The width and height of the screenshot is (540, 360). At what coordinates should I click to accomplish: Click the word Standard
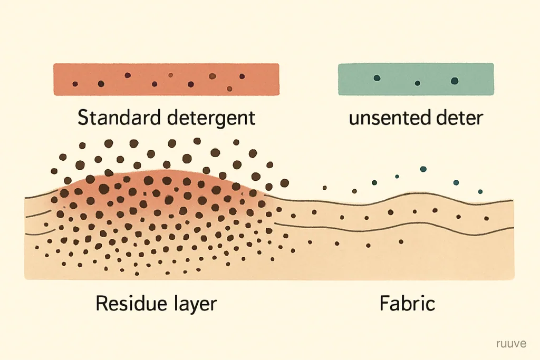click(x=119, y=118)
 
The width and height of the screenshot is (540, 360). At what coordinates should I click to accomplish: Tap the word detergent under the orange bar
click(x=211, y=119)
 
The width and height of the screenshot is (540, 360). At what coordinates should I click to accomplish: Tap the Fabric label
click(x=408, y=303)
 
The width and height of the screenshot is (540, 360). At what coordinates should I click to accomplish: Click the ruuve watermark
click(x=512, y=344)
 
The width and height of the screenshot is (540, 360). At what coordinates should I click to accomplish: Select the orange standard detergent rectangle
click(x=166, y=79)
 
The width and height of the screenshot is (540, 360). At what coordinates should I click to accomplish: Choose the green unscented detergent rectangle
click(x=416, y=79)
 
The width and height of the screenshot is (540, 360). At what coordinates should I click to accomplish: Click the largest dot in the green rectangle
click(x=455, y=81)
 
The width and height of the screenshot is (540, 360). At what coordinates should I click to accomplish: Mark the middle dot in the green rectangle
click(x=418, y=83)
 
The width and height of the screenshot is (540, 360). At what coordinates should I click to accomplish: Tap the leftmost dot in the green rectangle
click(x=377, y=78)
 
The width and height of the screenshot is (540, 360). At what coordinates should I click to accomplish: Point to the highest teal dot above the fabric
click(x=423, y=169)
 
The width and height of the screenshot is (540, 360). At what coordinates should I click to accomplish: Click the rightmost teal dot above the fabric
click(x=480, y=192)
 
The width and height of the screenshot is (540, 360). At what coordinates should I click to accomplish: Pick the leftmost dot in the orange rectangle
click(x=75, y=84)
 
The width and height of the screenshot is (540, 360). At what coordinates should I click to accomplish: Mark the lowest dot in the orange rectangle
click(x=229, y=89)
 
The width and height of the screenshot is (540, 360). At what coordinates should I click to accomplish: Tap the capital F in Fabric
click(x=384, y=303)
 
